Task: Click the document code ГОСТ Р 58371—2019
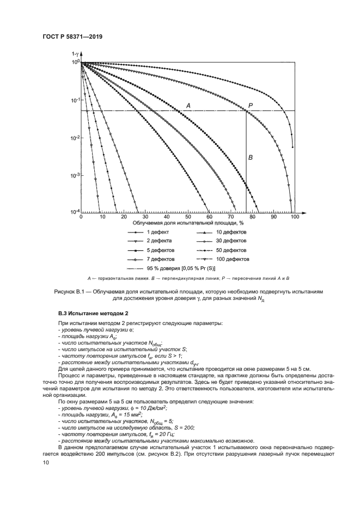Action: point(73,36)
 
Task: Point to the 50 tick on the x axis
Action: point(188,217)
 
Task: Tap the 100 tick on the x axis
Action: point(295,217)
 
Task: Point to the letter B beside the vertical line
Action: point(251,157)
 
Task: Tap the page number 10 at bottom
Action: point(46,462)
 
